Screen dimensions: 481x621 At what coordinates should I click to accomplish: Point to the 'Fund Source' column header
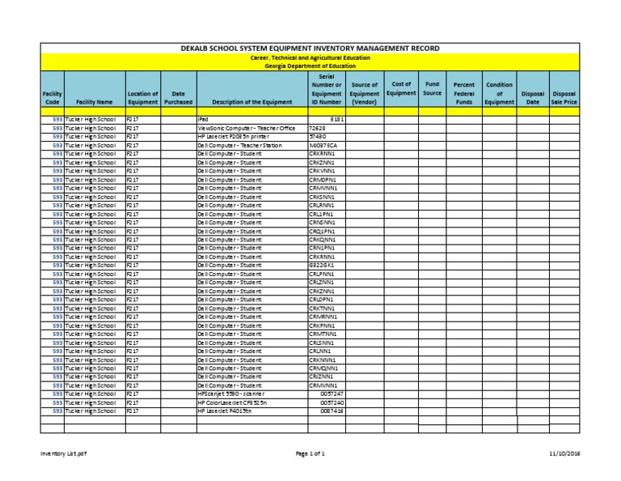433,88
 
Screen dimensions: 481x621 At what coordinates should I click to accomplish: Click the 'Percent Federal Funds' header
464,93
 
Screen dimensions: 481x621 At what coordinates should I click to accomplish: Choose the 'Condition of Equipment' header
499,93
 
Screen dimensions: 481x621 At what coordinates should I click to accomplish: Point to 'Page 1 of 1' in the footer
310,454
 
